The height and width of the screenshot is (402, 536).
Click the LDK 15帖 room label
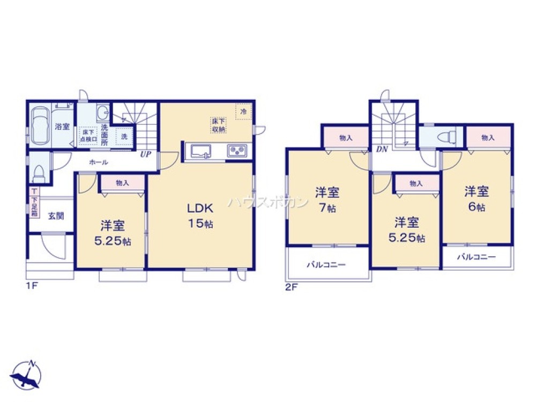point(200,215)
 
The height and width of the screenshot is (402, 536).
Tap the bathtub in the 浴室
point(40,126)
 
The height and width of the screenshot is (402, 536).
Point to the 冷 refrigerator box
point(243,111)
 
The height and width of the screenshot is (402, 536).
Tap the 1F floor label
point(32,286)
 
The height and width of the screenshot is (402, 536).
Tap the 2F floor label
point(291,287)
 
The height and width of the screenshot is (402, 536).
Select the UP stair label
point(145,154)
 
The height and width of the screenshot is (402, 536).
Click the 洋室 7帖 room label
point(327,199)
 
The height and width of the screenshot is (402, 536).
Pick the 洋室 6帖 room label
point(476,198)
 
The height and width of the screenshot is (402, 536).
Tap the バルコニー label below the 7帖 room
point(326,265)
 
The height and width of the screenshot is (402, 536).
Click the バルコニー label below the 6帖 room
point(477,257)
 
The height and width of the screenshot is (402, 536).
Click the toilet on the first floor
point(39,172)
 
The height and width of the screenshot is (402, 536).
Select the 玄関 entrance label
point(56,216)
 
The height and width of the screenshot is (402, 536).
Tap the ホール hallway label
point(99,162)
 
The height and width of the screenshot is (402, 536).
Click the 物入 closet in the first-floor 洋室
point(123,183)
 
